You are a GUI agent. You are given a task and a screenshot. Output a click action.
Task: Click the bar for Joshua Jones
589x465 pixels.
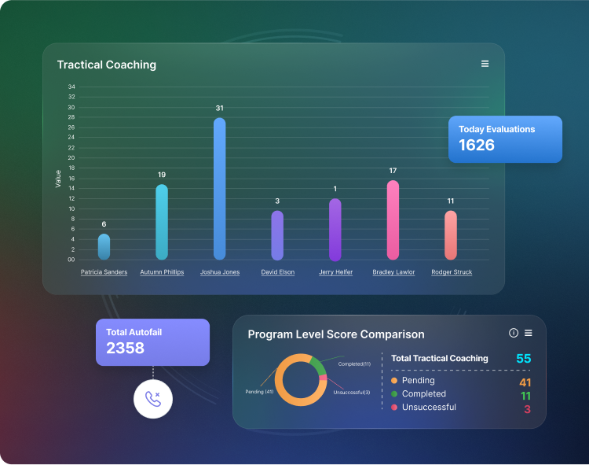point(219,189)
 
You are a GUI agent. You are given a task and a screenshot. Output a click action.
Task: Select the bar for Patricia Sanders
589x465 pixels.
point(104,247)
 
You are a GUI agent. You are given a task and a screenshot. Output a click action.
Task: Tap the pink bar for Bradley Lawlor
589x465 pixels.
point(393,220)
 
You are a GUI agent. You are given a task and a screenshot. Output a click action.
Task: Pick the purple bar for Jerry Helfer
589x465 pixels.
point(335,230)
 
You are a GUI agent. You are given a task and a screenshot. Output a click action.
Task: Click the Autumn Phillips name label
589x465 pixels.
point(162,272)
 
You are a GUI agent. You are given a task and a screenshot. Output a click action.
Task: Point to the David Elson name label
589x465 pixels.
point(277,272)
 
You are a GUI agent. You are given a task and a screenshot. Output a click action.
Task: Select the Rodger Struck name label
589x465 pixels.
point(452,272)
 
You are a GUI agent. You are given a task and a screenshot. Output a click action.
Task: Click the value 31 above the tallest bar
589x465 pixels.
point(220,108)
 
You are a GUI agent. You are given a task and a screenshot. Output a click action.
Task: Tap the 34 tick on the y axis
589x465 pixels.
point(71,87)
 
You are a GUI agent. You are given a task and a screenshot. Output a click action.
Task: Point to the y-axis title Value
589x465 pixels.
point(58,178)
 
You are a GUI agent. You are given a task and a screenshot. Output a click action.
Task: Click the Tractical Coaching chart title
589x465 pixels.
point(106,65)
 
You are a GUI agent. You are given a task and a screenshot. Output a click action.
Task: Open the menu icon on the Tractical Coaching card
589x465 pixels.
point(485,64)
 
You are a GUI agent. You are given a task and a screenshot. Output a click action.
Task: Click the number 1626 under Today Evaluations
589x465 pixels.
point(477,146)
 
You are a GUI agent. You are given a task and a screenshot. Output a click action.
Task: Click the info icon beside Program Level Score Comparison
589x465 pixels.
point(514,333)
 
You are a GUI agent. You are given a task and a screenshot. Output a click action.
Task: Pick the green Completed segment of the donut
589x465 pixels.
point(317,366)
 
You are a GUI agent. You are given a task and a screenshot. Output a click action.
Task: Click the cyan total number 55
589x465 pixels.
point(523,359)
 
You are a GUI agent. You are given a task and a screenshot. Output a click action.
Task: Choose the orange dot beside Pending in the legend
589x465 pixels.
point(394,381)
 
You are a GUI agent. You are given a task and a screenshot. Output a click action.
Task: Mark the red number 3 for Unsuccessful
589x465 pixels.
point(527,409)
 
